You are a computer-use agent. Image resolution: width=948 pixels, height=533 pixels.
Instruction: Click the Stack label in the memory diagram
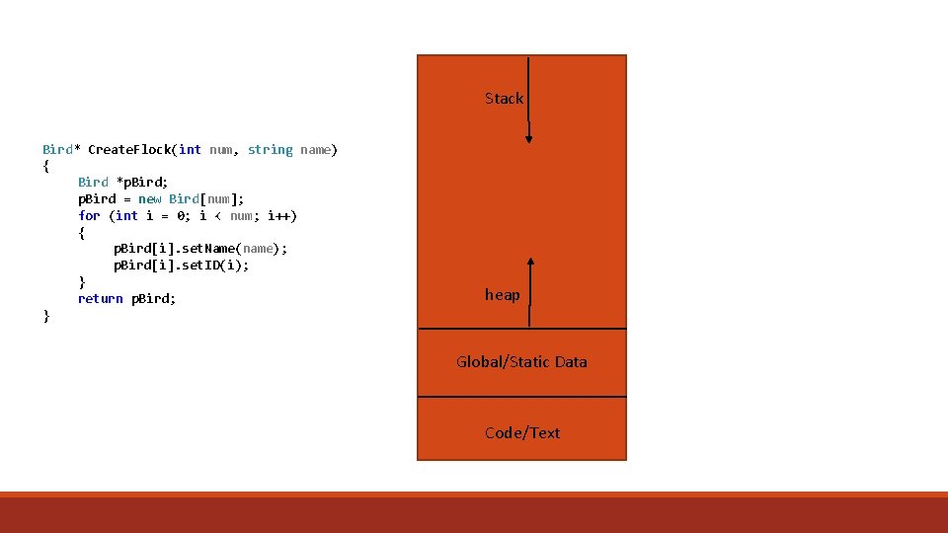tap(504, 99)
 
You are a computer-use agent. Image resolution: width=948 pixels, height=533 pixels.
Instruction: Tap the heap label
tap(502, 295)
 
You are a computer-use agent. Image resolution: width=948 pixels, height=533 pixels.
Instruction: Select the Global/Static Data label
tap(521, 362)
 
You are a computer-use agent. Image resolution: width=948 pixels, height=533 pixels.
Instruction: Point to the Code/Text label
tap(522, 433)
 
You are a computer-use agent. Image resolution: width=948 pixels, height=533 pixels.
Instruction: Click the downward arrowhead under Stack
tap(528, 138)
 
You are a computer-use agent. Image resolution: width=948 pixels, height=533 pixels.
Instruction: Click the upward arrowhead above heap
tap(530, 263)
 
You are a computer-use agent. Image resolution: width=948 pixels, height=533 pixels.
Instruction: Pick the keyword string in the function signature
tap(270, 150)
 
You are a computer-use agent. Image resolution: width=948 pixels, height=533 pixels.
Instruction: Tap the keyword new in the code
tap(150, 198)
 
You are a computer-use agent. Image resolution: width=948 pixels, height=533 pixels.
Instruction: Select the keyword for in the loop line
tap(89, 215)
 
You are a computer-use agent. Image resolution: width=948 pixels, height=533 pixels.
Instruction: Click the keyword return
tap(100, 298)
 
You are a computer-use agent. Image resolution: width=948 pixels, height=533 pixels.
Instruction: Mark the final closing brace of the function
tap(45, 316)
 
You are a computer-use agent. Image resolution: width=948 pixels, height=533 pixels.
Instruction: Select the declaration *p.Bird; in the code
tap(144, 182)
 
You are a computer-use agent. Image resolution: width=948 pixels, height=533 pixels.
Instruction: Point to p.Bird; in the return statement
tap(153, 298)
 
